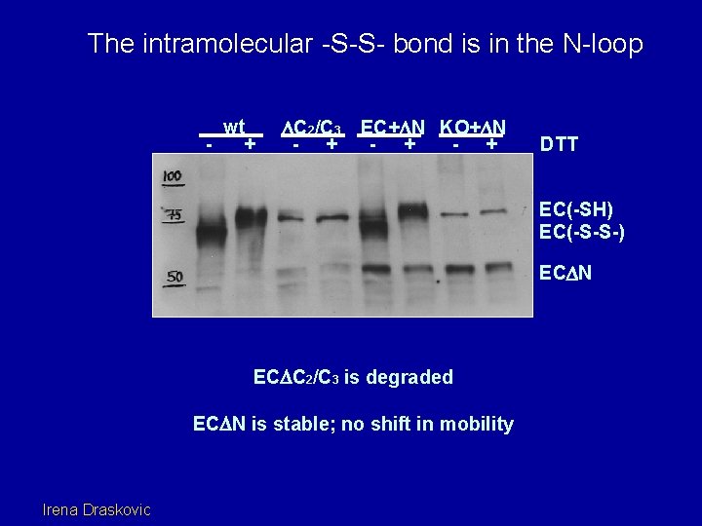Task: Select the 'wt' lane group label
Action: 233,127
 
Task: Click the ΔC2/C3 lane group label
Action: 310,128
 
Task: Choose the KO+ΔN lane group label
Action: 472,128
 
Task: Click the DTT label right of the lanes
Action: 560,145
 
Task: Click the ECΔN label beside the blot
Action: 565,275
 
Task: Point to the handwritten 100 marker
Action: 173,176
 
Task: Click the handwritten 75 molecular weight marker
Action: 173,216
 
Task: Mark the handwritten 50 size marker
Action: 174,278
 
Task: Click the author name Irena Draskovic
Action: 97,508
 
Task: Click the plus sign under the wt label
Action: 251,144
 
